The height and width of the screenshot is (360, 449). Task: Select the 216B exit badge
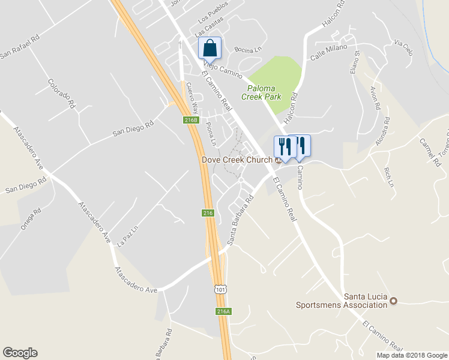190,121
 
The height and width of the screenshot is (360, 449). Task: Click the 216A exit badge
223,311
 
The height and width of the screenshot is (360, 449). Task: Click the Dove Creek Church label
237,160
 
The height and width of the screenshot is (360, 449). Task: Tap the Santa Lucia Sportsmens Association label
341,301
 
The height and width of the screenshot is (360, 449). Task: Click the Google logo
20,353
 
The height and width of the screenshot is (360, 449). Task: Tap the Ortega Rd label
31,218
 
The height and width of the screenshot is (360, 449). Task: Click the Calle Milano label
329,52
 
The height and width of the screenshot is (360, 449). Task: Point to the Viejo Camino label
222,70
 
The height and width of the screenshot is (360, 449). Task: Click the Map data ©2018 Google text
411,355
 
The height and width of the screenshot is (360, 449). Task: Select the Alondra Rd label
382,131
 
